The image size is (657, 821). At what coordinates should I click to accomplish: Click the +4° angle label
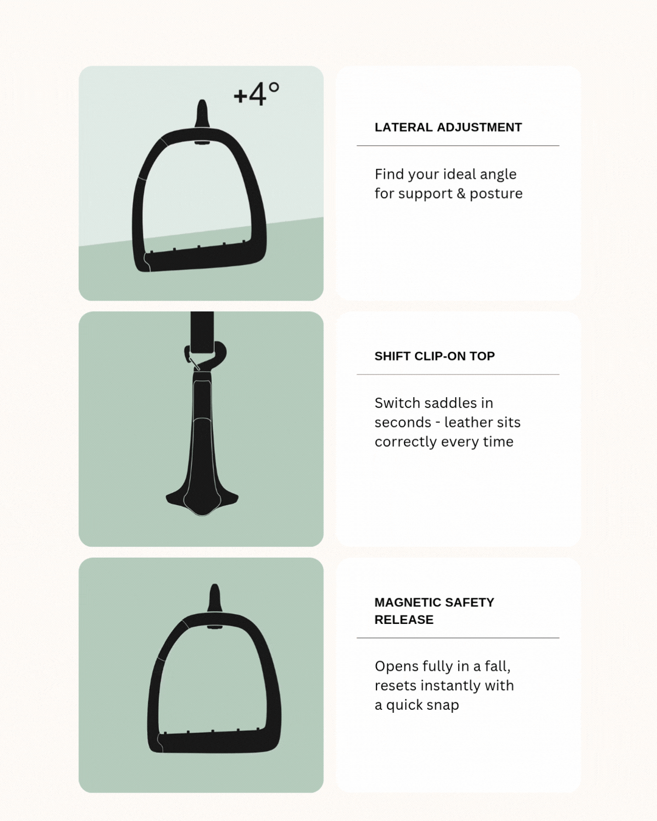[x=256, y=94]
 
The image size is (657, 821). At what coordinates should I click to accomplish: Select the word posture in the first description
[x=496, y=194]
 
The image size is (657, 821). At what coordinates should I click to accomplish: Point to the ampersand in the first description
[x=461, y=193]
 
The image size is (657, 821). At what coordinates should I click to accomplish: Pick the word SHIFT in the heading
[x=392, y=356]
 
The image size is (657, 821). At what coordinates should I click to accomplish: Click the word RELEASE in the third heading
[x=404, y=620]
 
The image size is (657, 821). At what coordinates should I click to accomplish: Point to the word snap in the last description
[x=442, y=705]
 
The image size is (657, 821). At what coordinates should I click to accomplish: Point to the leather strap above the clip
[x=202, y=332]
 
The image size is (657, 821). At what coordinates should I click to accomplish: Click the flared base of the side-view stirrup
[x=202, y=501]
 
